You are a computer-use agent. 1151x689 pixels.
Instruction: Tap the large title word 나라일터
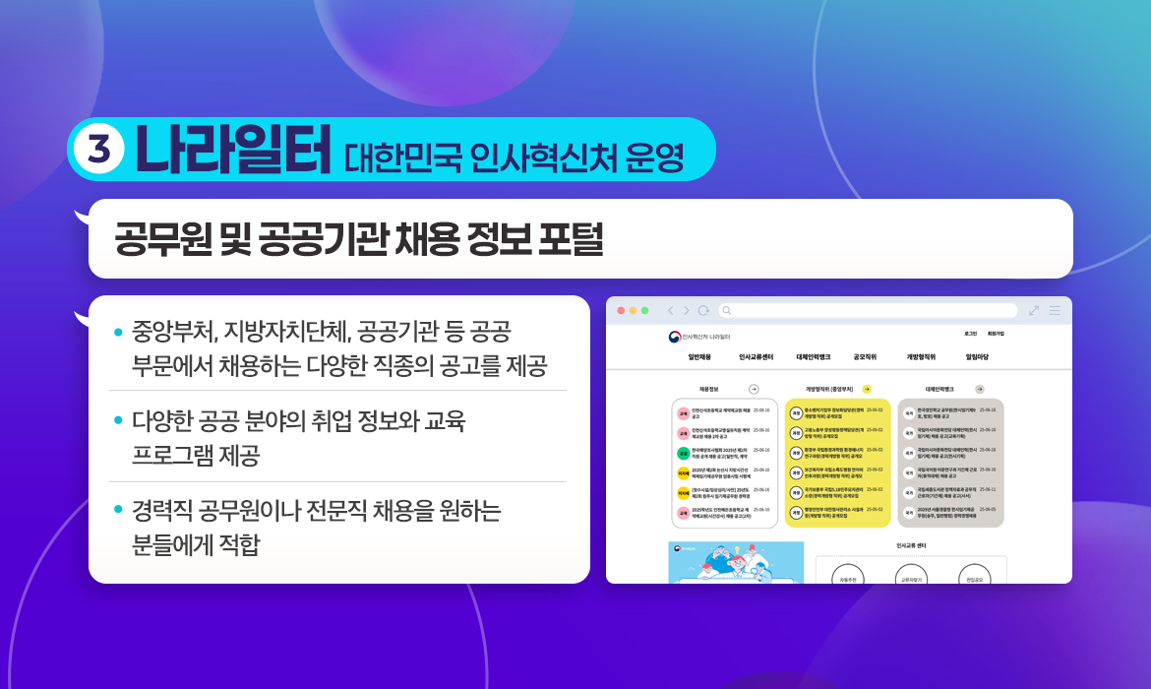tap(232, 150)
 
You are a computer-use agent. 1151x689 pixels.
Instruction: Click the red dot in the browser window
tap(621, 310)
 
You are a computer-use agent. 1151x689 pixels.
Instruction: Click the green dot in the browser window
tap(645, 310)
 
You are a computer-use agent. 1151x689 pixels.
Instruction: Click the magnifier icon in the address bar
tap(727, 310)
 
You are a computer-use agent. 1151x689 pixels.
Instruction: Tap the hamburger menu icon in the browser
tap(1055, 310)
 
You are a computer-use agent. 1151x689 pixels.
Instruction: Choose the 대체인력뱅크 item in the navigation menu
tap(813, 356)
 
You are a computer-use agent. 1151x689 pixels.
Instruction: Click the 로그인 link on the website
tap(970, 334)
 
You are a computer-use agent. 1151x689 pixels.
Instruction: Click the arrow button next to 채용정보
tap(754, 389)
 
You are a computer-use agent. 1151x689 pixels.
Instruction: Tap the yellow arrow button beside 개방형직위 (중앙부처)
tap(867, 389)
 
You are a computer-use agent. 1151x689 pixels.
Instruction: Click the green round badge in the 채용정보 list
tap(683, 453)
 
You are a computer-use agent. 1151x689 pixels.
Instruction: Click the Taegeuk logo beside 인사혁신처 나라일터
tap(674, 337)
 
